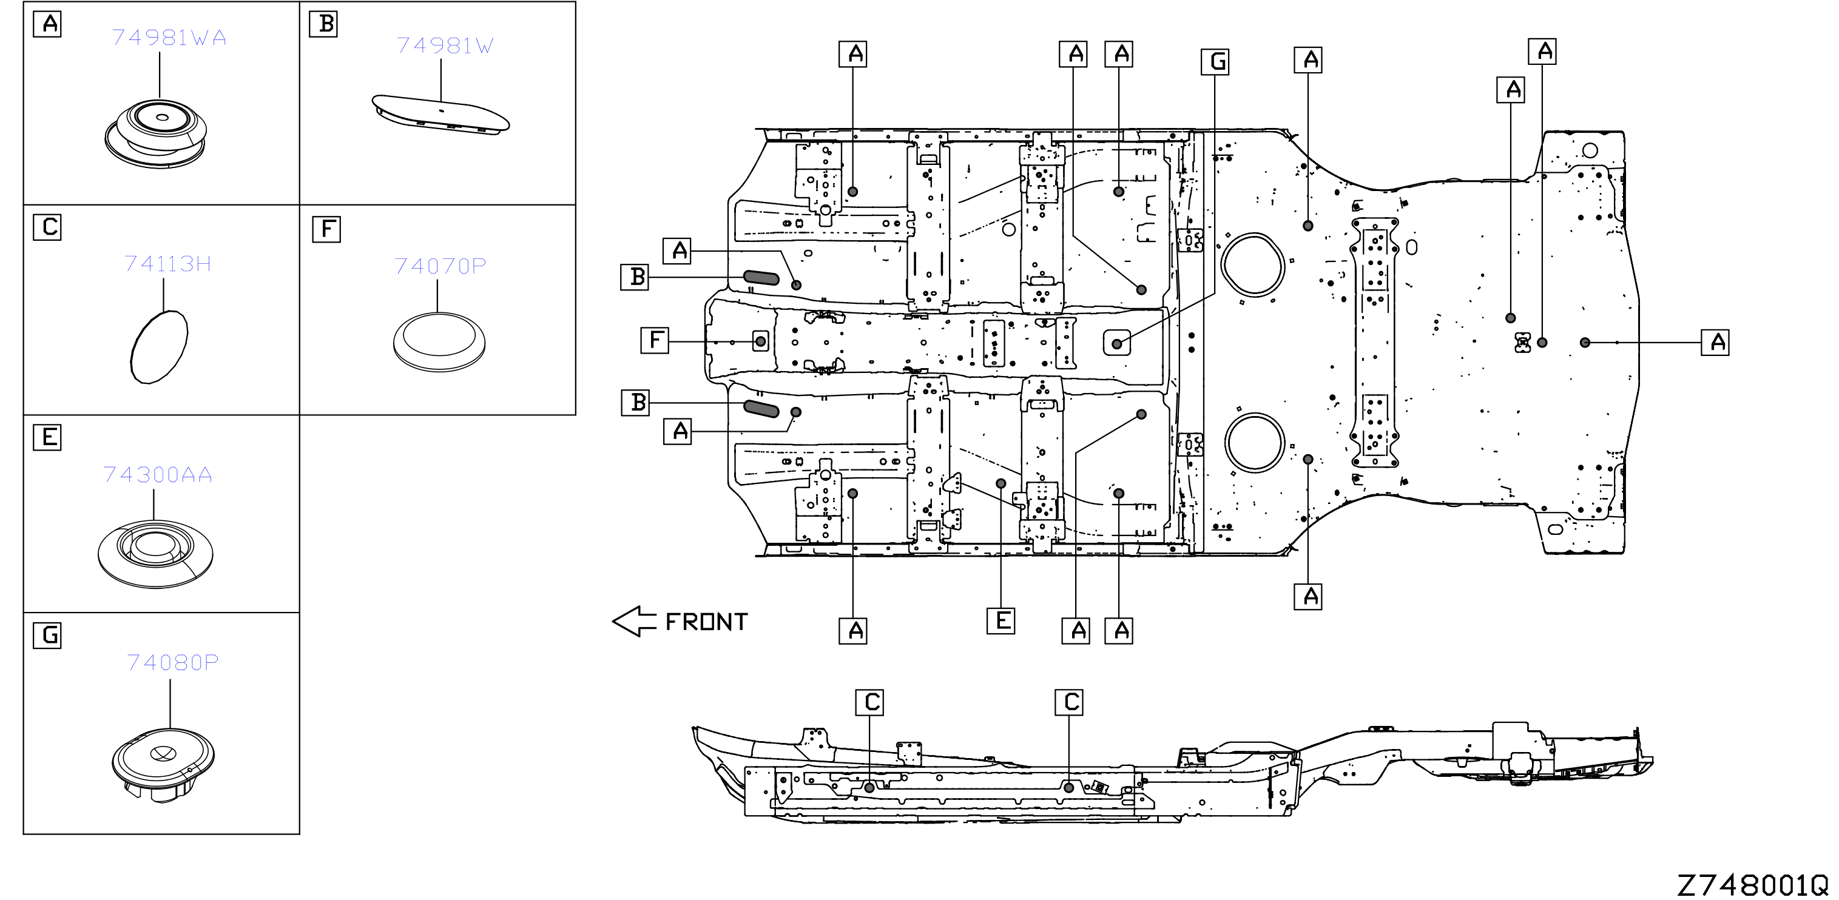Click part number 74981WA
pos(169,37)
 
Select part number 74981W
pos(445,45)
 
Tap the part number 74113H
pos(168,264)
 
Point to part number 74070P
pos(440,266)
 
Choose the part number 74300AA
pos(158,475)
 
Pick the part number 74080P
pos(173,663)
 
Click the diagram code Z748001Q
pos(1753,885)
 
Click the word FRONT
pos(706,622)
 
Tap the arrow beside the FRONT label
pos(634,622)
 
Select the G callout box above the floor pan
pos(1215,62)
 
